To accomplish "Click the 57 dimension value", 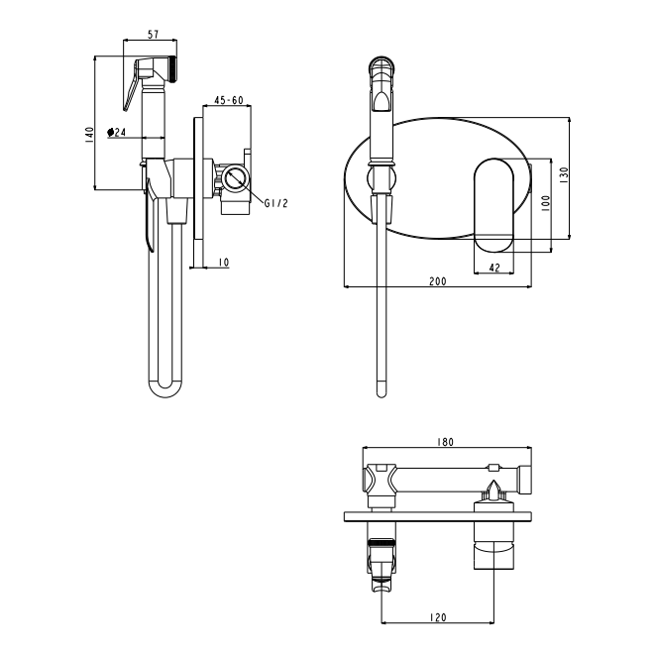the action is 154,35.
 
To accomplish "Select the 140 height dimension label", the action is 89,135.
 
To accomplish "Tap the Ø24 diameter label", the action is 117,133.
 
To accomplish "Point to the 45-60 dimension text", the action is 229,100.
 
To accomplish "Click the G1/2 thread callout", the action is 275,203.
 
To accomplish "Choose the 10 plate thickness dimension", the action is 224,263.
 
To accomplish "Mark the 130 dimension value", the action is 564,175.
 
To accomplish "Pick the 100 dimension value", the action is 546,204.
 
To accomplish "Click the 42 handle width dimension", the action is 494,268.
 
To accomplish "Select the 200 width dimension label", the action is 438,281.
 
